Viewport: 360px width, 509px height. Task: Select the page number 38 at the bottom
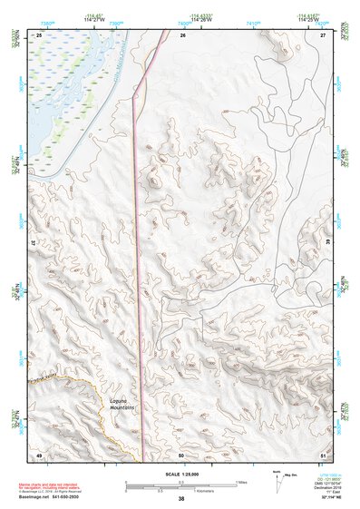[181, 499]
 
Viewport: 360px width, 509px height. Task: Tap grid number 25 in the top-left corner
[39, 34]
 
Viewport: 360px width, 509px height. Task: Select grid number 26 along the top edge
[182, 34]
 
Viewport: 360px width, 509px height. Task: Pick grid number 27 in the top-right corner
[323, 34]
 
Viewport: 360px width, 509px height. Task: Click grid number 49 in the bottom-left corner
[39, 454]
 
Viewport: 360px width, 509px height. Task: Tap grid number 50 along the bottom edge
[181, 454]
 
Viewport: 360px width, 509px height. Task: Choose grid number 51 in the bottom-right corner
[323, 454]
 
